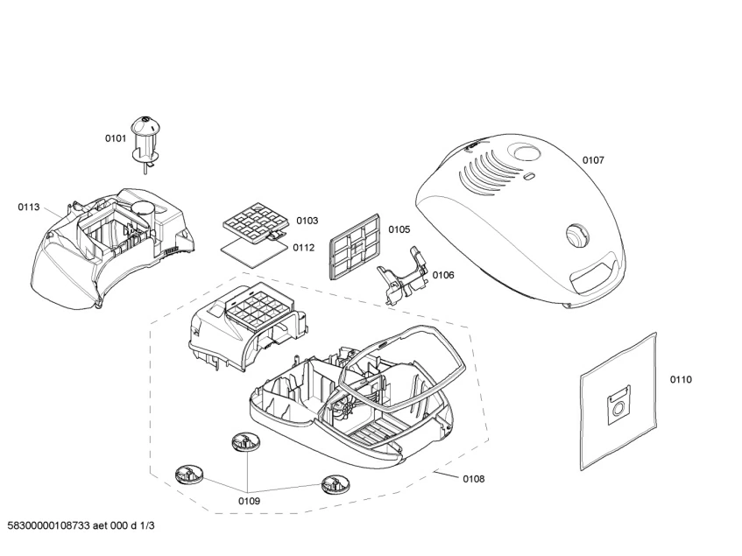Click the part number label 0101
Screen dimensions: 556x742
tap(116, 138)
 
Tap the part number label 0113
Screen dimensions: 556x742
tap(29, 208)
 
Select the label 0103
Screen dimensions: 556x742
tap(307, 221)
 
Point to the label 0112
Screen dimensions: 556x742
tap(303, 247)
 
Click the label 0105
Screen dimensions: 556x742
tap(399, 229)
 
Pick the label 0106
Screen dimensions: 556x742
tap(443, 275)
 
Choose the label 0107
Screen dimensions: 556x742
tap(593, 160)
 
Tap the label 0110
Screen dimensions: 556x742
tap(681, 379)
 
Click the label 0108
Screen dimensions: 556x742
tap(473, 479)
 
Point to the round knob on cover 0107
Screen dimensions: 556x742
tap(576, 234)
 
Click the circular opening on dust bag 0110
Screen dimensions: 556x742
tap(618, 405)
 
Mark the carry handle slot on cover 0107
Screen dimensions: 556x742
tap(593, 277)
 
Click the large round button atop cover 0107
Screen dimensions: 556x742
tap(527, 154)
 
